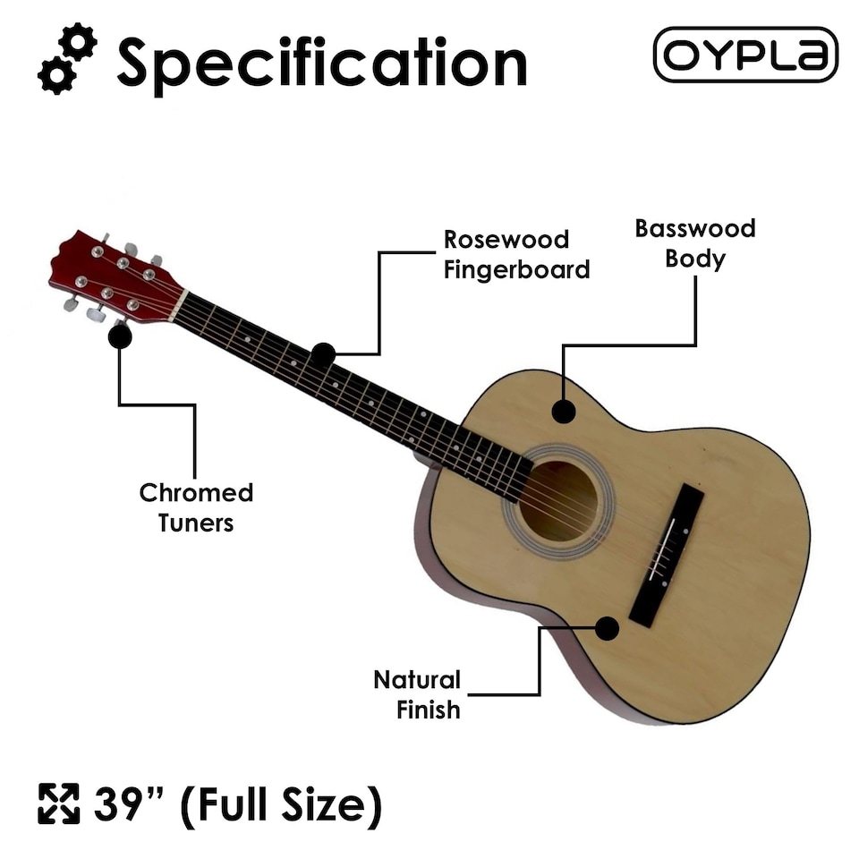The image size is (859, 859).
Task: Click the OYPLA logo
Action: coord(745,55)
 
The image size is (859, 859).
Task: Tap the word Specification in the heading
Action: coord(322,63)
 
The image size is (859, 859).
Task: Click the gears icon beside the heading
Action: coord(67,60)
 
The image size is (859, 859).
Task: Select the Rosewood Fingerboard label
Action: coord(516,254)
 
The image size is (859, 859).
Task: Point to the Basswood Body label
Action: coord(694,243)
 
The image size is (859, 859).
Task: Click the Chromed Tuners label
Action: coord(196,507)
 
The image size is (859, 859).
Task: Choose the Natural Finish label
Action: coord(416,694)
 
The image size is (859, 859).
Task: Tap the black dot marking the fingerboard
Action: coord(323,354)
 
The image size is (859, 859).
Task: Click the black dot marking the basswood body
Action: coord(563,412)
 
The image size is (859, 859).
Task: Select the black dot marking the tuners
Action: coord(120,336)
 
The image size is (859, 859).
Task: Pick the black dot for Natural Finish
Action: coord(607,628)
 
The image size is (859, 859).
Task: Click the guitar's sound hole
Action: coord(558,501)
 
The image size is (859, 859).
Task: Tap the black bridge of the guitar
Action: coord(667,555)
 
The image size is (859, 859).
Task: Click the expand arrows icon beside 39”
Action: coord(58,804)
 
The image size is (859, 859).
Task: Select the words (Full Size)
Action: coord(281,804)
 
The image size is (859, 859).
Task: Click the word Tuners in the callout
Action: coord(196,523)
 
